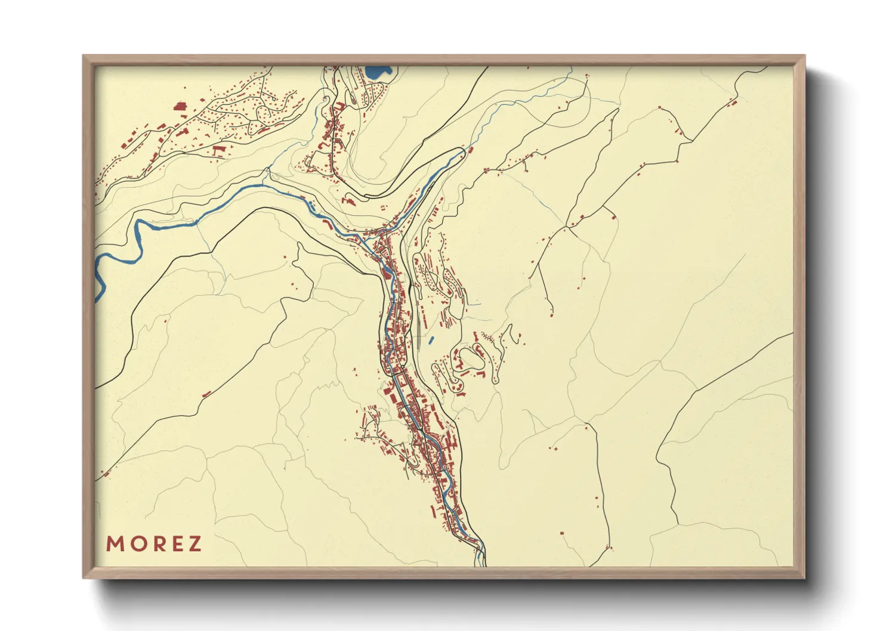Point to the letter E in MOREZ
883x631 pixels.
174,544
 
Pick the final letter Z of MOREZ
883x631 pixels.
194,544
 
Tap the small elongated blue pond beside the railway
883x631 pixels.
431,340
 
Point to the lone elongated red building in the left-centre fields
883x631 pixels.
206,394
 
